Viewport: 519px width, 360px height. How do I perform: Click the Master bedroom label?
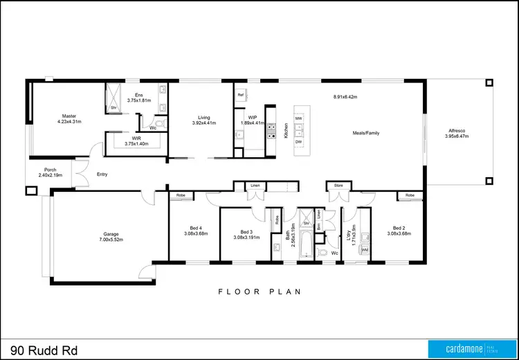[69, 116]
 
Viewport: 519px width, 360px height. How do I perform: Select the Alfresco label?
[457, 130]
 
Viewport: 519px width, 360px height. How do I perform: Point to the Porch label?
[50, 170]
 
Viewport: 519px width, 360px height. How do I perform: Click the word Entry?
[102, 174]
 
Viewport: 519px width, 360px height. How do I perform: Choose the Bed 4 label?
[196, 228]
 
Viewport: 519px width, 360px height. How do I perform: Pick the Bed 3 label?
[246, 231]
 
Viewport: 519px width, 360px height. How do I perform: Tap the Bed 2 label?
[399, 228]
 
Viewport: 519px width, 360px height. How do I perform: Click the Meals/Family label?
[365, 132]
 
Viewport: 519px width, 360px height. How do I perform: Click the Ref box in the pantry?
[241, 94]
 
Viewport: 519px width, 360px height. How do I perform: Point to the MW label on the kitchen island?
[299, 119]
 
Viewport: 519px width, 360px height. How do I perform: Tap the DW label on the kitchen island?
[299, 141]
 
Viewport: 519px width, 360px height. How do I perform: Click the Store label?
[338, 186]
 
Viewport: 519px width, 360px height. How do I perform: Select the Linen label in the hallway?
[255, 186]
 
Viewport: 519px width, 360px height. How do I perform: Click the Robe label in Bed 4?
[181, 196]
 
